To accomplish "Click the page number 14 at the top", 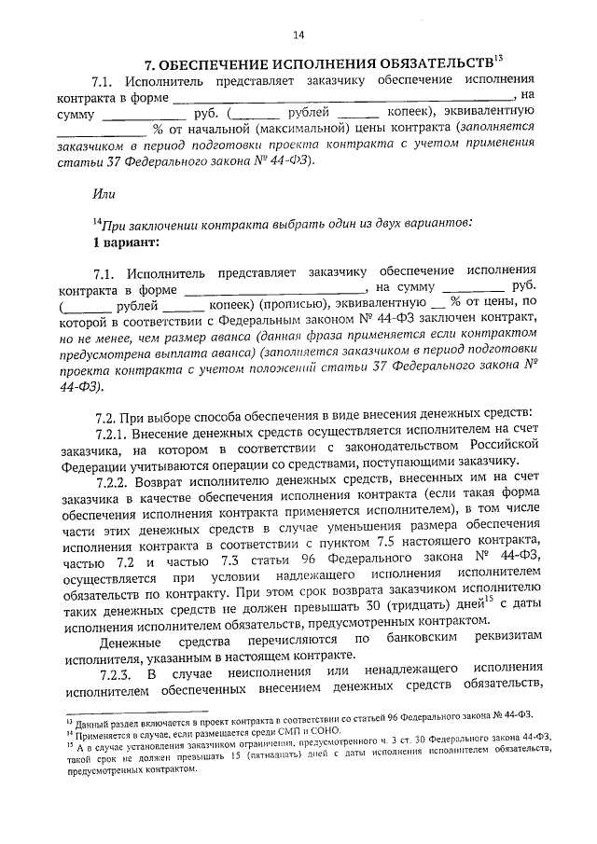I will (298, 35).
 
